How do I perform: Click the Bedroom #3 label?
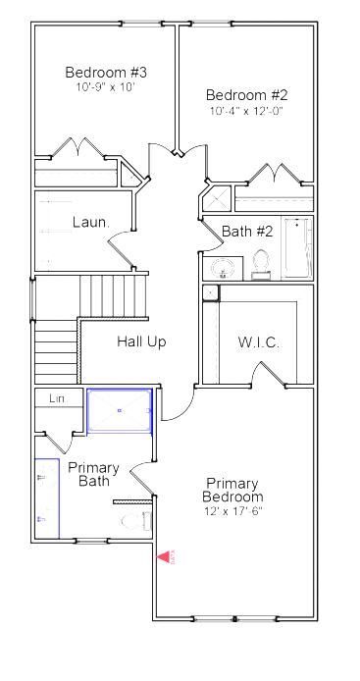coord(106,72)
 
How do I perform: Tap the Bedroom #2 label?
coord(246,95)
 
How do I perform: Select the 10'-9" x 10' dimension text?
coord(104,86)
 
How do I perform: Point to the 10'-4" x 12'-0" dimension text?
coord(246,111)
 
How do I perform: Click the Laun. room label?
coord(90,222)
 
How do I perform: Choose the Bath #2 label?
coord(247,232)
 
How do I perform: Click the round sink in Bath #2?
coord(224,268)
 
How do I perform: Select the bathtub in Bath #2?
coord(297,248)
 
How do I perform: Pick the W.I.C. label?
coord(259,342)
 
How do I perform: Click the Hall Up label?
coord(141,341)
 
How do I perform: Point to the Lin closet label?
coord(57,398)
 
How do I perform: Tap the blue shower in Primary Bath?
coord(120,410)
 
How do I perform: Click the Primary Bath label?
coord(93,473)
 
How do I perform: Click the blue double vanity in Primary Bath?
coord(46,498)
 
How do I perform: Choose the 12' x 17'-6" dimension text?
coord(232,511)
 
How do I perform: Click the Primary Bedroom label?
coord(232,490)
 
